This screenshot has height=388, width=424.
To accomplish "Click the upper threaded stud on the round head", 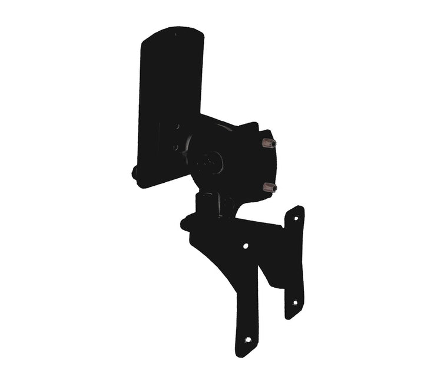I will [x=269, y=143].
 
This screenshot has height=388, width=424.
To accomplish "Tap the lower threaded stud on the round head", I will [x=269, y=188].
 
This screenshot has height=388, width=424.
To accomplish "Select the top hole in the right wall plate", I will [x=296, y=218].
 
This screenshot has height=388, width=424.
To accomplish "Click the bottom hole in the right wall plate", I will [x=294, y=304].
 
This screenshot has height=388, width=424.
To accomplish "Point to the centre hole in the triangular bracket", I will [x=245, y=245].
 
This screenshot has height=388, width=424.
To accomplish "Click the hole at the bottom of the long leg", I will [x=248, y=340].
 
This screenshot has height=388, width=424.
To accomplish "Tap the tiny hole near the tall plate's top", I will [x=175, y=35].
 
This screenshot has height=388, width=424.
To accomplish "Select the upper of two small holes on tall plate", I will [x=177, y=126].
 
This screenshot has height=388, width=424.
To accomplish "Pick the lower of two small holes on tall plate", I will [x=175, y=147].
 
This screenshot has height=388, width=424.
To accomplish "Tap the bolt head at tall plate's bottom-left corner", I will [x=135, y=172].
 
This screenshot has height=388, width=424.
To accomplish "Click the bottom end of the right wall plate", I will [x=293, y=315].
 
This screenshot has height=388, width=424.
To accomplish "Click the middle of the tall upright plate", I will [x=168, y=106].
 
